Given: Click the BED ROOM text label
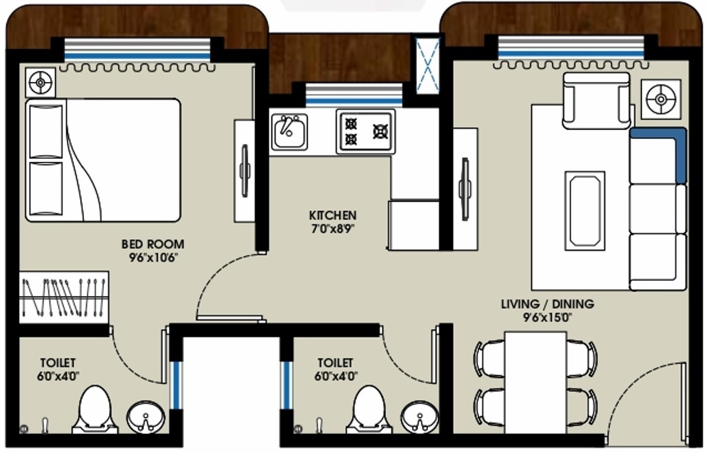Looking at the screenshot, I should click(152, 244).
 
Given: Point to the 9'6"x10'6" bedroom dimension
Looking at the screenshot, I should click(152, 257).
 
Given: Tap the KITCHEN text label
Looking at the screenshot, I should click(332, 215).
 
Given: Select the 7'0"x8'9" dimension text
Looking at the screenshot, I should click(332, 229).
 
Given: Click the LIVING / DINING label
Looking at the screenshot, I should click(547, 304).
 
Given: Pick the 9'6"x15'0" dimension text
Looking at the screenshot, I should click(547, 317).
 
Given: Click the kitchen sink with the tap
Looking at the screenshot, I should click(289, 131).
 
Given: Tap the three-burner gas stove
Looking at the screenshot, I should click(365, 131).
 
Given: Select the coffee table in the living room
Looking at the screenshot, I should click(584, 211).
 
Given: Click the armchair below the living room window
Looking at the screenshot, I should click(596, 101).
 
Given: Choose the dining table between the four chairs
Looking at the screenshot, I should click(535, 382).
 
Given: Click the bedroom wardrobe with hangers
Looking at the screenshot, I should click(63, 297).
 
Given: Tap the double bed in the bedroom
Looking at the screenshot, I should click(103, 160).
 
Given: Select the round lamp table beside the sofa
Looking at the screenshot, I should click(661, 99).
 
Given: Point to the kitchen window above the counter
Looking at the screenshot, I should click(353, 94).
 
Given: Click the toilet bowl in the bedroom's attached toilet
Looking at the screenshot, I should click(94, 410).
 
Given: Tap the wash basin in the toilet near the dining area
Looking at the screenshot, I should click(419, 417).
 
